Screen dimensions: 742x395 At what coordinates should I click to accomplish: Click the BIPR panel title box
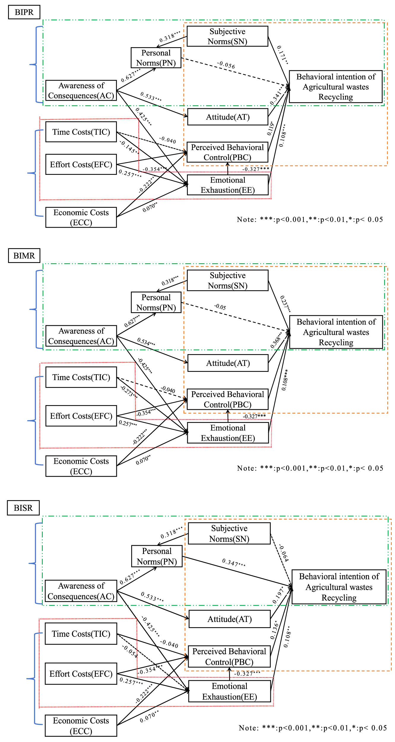[24, 12]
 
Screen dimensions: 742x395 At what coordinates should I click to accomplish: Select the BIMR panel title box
[24, 256]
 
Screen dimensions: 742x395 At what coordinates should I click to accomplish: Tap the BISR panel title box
[23, 508]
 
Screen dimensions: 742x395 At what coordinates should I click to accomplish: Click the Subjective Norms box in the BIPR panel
[227, 36]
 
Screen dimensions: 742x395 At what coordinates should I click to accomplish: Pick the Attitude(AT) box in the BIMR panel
[228, 363]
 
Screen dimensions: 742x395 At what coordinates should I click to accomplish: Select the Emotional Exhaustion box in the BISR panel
[229, 691]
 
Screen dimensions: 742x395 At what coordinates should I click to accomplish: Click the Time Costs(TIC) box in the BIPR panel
[81, 132]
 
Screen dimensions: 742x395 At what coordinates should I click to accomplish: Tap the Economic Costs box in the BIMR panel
[81, 466]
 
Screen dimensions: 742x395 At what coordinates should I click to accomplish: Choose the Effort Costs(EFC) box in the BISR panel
[81, 674]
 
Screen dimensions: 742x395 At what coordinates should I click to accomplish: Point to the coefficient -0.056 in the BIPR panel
[226, 65]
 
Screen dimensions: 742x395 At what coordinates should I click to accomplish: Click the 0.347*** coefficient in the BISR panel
[234, 562]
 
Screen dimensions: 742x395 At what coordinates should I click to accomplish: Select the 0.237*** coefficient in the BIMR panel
[285, 304]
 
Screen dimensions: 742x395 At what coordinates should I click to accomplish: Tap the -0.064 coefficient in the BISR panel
[284, 553]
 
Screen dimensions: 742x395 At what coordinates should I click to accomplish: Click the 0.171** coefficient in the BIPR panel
[282, 55]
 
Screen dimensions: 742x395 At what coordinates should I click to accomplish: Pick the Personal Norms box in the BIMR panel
[156, 302]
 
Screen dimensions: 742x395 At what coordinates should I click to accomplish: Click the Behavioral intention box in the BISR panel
[339, 587]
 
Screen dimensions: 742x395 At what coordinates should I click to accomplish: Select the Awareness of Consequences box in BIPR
[81, 91]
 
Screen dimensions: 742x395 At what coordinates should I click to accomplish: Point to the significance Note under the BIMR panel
[310, 468]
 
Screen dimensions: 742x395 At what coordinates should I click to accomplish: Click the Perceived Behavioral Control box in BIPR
[227, 152]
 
